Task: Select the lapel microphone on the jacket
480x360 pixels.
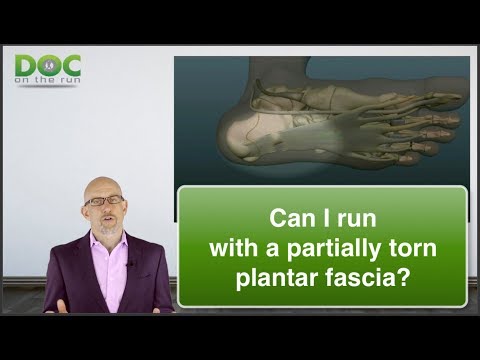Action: pos(129,263)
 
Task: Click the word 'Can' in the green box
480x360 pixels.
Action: pos(292,217)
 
